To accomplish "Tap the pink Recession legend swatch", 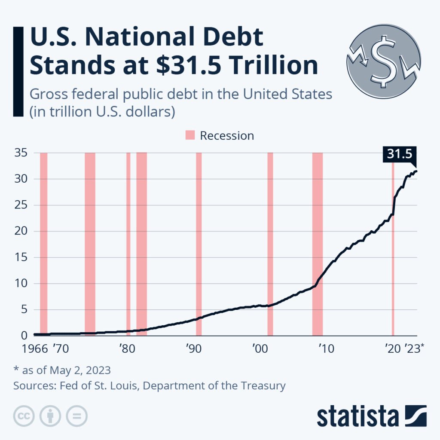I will coord(190,136).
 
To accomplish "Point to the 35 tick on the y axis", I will coord(21,153).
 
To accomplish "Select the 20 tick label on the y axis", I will coord(21,231).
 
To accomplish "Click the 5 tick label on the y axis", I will coord(24,310).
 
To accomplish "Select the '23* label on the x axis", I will coord(414,348).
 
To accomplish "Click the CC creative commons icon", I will coord(24,416).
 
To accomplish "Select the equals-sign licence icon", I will coord(76,416).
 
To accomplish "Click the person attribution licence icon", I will coord(50,416).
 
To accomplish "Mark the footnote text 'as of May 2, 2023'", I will coord(65,370).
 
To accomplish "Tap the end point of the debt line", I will coord(416,171).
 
